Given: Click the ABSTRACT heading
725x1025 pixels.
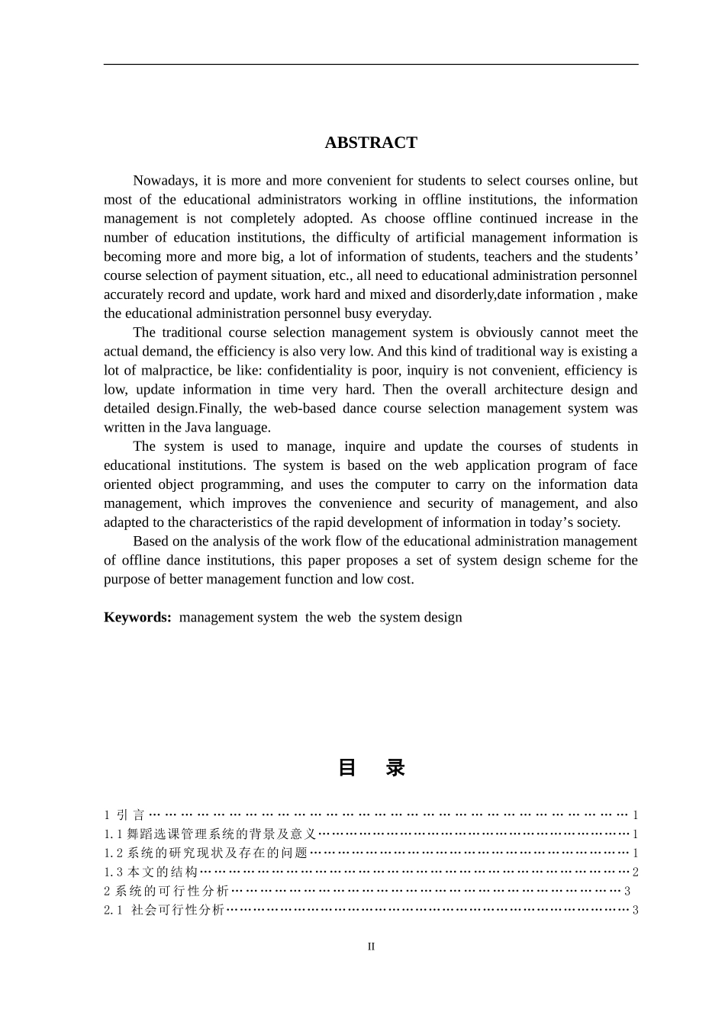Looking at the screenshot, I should pyautogui.click(x=371, y=143).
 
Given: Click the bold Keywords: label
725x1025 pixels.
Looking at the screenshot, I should pyautogui.click(x=137, y=618).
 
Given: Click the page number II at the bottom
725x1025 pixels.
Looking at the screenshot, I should pyautogui.click(x=371, y=947).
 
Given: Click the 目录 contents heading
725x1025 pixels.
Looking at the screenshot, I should pyautogui.click(x=371, y=768).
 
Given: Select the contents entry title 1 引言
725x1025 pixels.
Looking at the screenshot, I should pyautogui.click(x=124, y=815).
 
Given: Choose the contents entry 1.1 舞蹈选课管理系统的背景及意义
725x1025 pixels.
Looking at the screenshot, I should pyautogui.click(x=210, y=834).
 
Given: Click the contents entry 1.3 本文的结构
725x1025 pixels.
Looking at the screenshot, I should pyautogui.click(x=151, y=872).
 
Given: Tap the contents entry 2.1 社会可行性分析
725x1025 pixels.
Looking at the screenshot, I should pyautogui.click(x=164, y=910).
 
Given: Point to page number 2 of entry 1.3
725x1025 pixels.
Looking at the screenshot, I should pyautogui.click(x=635, y=872).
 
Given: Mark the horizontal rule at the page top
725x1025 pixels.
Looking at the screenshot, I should pyautogui.click(x=371, y=64).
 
